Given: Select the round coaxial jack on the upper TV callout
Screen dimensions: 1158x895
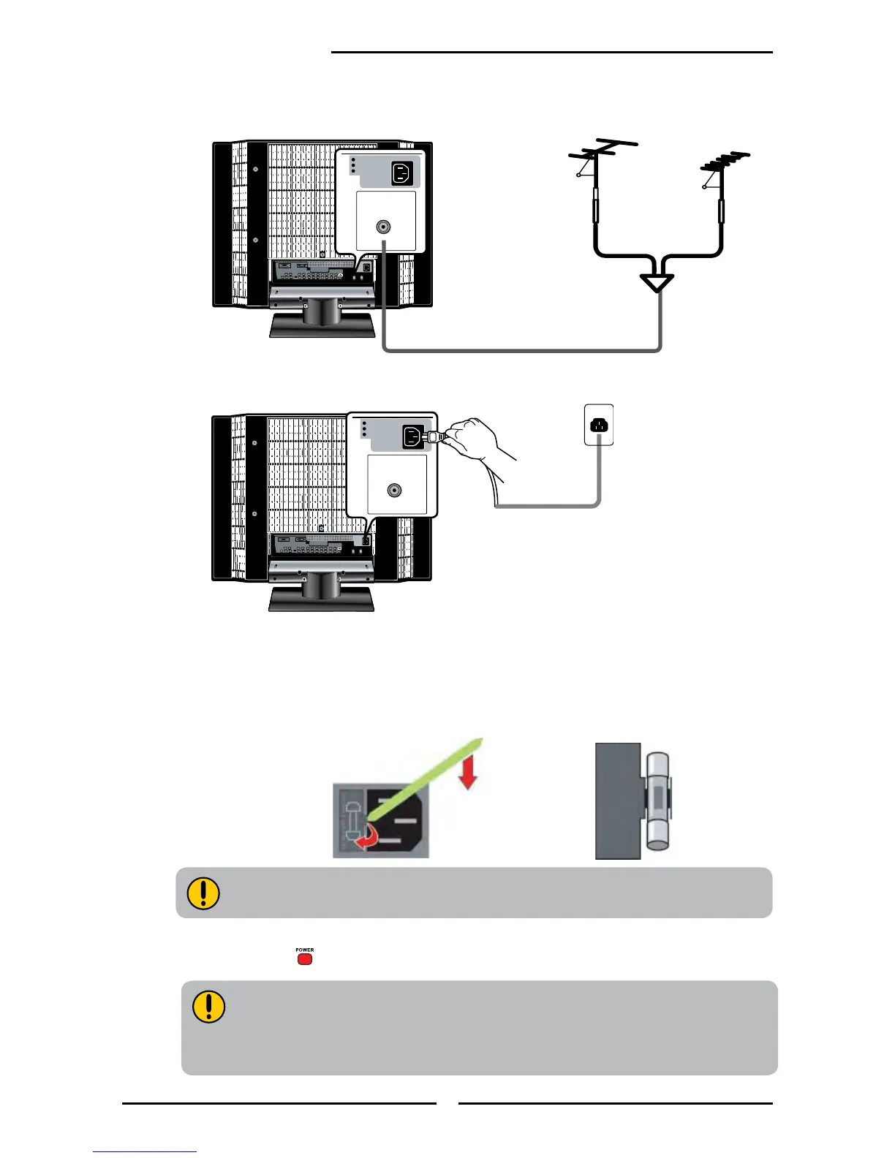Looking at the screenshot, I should click(x=382, y=227).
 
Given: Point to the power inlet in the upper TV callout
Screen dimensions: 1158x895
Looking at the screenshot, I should click(x=402, y=173).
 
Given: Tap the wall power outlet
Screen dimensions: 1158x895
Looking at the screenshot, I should click(x=599, y=424).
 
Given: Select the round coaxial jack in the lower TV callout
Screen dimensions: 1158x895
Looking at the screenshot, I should click(x=395, y=490).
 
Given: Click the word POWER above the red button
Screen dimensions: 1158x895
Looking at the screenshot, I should click(x=305, y=950).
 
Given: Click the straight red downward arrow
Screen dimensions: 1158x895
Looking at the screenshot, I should click(x=468, y=773).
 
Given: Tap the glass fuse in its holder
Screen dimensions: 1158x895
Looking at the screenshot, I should click(x=658, y=801).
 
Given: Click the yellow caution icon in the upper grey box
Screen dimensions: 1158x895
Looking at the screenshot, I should click(x=203, y=893).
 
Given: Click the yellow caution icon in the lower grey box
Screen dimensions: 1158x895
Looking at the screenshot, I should click(x=208, y=1007).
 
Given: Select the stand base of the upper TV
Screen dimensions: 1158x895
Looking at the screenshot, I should click(x=322, y=325).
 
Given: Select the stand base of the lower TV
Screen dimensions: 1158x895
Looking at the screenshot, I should click(x=322, y=599).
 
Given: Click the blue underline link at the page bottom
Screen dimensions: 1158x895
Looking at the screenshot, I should click(x=145, y=1151).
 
